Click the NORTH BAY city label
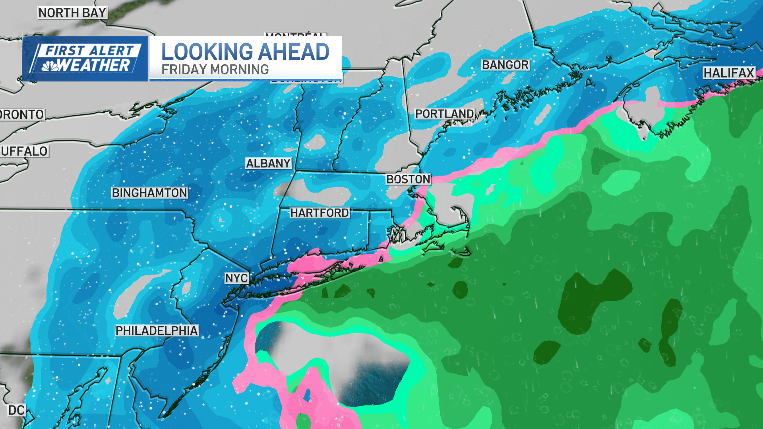point(72,13)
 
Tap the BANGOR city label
point(505,65)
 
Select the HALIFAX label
point(729,73)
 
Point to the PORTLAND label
point(444,114)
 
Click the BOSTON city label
point(408,179)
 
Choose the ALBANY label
point(268,163)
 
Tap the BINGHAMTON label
point(149,193)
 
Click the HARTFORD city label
point(320,213)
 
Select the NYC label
point(237,278)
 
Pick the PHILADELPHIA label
point(157,330)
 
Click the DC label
point(16,410)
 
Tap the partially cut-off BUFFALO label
point(24,151)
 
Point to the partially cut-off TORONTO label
point(22,114)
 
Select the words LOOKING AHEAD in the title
point(245,52)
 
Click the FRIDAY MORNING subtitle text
point(215,70)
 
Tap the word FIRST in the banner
point(65,50)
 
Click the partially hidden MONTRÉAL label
point(295,35)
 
